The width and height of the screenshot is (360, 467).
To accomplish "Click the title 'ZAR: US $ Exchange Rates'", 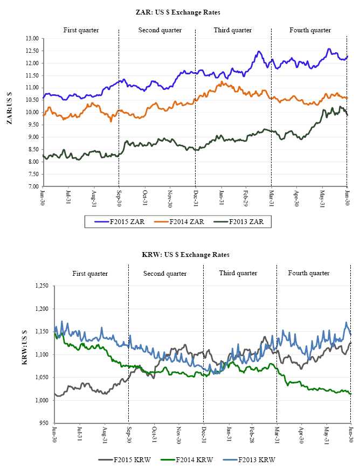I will click(x=178, y=12).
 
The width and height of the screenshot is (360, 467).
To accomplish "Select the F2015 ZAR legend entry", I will click(x=119, y=221).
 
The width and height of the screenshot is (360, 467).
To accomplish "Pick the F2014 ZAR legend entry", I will click(x=179, y=221).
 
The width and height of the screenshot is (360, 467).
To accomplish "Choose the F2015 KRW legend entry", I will click(x=129, y=459).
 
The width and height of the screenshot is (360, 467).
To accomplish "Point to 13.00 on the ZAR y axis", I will click(x=31, y=39).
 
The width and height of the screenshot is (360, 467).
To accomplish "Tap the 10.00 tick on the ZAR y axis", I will click(x=31, y=113).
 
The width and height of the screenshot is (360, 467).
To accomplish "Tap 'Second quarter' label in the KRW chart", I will click(x=165, y=274).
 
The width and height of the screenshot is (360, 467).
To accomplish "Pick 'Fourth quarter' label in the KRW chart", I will click(x=308, y=273).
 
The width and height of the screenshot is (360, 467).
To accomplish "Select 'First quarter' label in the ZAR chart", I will click(x=81, y=30).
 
